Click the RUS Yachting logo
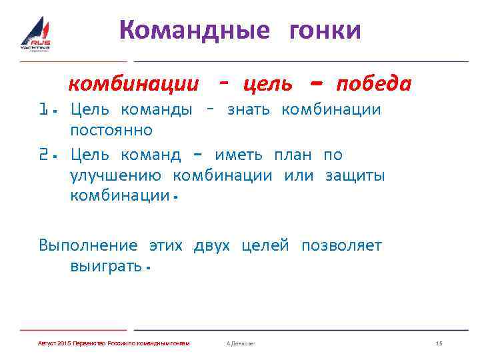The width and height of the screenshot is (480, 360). pos(35,35)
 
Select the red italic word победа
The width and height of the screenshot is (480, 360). pos(373,85)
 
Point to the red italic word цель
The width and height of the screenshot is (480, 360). pos(268,85)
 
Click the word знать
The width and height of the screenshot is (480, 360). pos(248,109)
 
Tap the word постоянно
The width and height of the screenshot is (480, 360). pos(111,129)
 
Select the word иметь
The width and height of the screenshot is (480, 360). pos(238,155)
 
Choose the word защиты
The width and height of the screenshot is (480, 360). pos(355,175)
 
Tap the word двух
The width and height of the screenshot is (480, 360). pos(211,246)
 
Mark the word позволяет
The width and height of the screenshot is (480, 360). pos(341,246)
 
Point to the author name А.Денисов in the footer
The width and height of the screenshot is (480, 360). pos(240,343)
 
